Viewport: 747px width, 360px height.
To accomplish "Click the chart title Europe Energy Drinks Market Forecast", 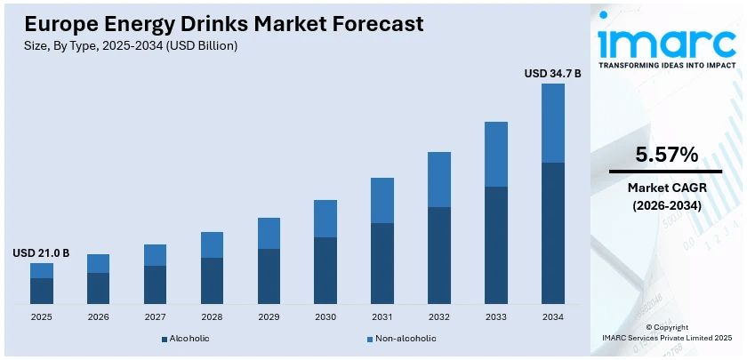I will click(224, 24).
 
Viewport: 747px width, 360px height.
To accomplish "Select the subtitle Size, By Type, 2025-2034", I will click(132, 44).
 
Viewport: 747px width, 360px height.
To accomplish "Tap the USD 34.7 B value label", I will click(552, 73).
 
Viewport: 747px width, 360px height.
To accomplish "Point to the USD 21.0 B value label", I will click(41, 253).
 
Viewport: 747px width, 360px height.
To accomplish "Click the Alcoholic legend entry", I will click(186, 339).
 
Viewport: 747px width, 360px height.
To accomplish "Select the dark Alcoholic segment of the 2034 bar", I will click(552, 233).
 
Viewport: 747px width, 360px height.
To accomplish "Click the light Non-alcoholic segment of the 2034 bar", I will click(552, 124).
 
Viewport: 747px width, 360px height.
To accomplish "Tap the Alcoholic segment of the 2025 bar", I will click(42, 291).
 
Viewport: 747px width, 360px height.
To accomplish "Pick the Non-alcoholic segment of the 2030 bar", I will click(325, 219).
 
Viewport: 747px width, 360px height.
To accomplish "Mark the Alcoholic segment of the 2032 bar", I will click(439, 255).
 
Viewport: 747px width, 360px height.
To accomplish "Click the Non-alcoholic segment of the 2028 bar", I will click(212, 245).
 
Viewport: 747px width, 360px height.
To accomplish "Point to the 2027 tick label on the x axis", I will click(155, 316).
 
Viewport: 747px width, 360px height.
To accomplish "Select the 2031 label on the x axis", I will click(382, 316).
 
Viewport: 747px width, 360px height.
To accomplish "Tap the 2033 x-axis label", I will click(495, 316).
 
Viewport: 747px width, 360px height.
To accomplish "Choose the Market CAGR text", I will click(665, 188).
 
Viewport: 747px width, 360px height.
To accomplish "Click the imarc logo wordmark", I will click(665, 38).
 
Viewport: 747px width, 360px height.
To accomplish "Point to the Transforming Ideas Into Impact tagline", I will click(667, 66).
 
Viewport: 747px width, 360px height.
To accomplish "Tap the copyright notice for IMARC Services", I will click(666, 332).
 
